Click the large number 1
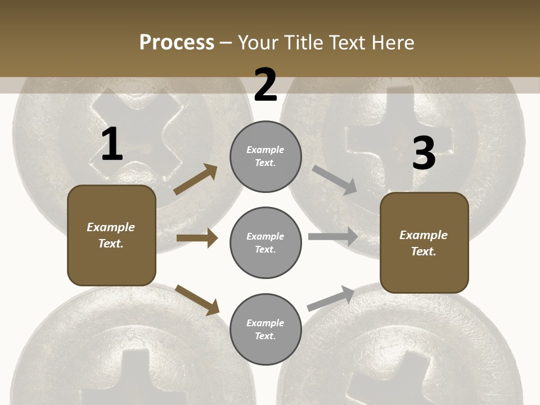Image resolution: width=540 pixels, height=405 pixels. pyautogui.click(x=112, y=145)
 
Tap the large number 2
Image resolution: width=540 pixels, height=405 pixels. pyautogui.click(x=265, y=85)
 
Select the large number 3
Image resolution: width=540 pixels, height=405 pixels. pyautogui.click(x=424, y=153)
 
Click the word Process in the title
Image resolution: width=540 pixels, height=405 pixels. pyautogui.click(x=177, y=42)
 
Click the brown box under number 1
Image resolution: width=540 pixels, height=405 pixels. pyautogui.click(x=111, y=235)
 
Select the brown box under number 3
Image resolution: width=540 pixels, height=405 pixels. pyautogui.click(x=424, y=242)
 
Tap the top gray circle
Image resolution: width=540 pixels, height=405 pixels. pyautogui.click(x=265, y=156)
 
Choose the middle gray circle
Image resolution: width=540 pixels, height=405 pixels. pyautogui.click(x=265, y=242)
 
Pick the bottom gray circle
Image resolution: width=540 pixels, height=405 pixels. pyautogui.click(x=265, y=329)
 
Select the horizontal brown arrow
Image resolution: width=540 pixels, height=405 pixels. pyautogui.click(x=197, y=238)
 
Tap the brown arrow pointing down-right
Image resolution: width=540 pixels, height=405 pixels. pyautogui.click(x=197, y=300)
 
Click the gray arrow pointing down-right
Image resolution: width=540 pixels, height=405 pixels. pyautogui.click(x=335, y=180)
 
